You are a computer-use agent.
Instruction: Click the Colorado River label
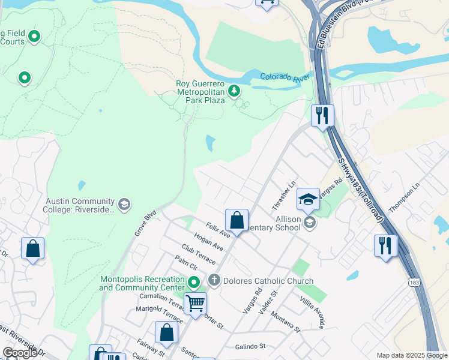pyautogui.click(x=285, y=77)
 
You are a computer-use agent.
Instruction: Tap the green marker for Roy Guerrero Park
pyautogui.click(x=234, y=92)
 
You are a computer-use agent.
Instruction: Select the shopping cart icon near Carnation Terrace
pyautogui.click(x=195, y=304)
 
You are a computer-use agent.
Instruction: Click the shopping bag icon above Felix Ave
pyautogui.click(x=237, y=220)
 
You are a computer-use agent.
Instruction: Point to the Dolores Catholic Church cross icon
pyautogui.click(x=214, y=281)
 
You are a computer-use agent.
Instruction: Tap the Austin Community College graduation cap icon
pyautogui.click(x=124, y=205)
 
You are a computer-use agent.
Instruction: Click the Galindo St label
pyautogui.click(x=250, y=346)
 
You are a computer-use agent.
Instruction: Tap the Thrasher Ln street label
pyautogui.click(x=285, y=196)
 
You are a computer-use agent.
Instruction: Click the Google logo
pyautogui.click(x=20, y=353)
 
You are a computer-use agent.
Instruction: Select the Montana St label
pyautogui.click(x=285, y=322)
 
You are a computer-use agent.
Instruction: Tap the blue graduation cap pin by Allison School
pyautogui.click(x=308, y=199)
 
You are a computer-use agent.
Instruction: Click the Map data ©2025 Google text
pyautogui.click(x=411, y=355)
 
